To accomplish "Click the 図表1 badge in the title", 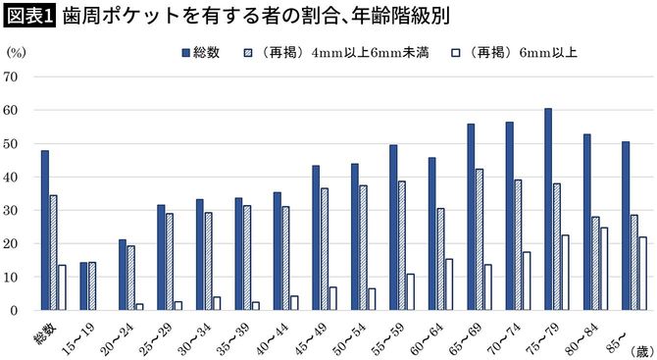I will pos(29,18).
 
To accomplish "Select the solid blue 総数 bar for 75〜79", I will pos(548,209).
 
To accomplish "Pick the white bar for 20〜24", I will pos(139,307).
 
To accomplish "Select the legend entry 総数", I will pos(206,52).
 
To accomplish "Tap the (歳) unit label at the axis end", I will pos(636,349).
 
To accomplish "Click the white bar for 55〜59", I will pos(411,292).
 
